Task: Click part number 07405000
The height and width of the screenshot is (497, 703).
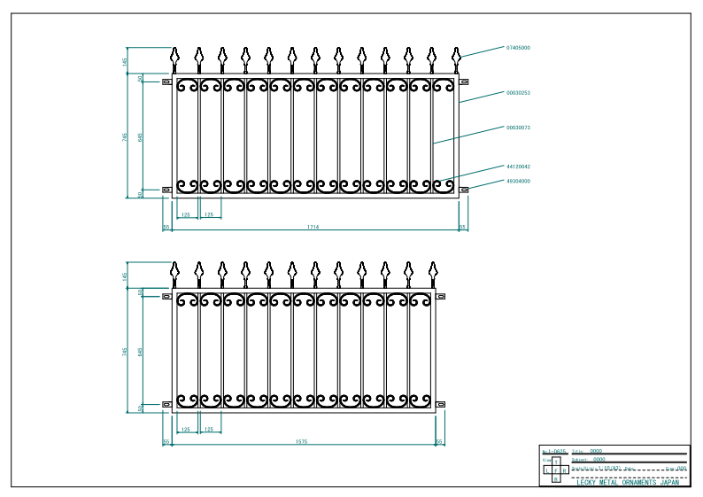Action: (518, 47)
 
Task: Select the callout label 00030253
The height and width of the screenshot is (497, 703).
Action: (518, 92)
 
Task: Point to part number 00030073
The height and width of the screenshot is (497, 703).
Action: (518, 128)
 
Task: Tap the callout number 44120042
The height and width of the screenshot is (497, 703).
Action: (518, 167)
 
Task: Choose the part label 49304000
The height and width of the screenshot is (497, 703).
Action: (518, 181)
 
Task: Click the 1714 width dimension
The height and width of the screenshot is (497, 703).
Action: (313, 228)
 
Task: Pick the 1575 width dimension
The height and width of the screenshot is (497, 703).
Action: (301, 441)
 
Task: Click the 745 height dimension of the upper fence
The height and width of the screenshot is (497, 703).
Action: (126, 136)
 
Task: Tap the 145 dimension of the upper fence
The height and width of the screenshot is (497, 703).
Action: (126, 61)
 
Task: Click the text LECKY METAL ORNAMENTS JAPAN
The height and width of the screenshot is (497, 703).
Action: (628, 483)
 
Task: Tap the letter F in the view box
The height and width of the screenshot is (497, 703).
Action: (556, 470)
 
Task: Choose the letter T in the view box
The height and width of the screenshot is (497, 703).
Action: (556, 462)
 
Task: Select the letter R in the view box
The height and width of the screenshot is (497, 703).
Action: (564, 470)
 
